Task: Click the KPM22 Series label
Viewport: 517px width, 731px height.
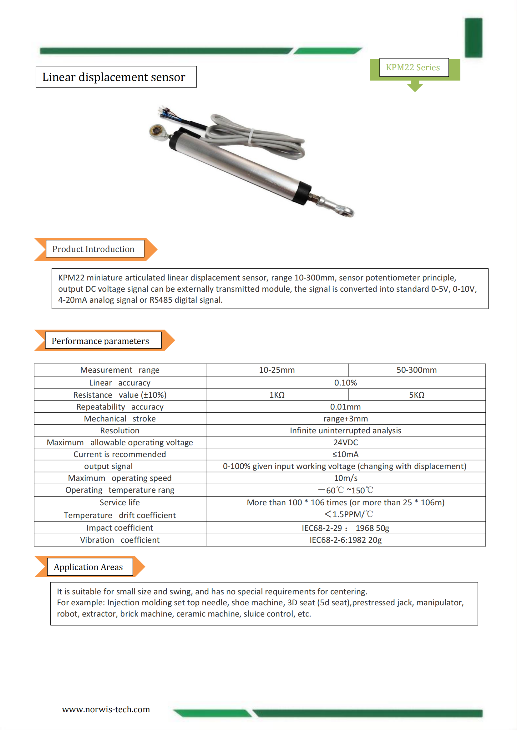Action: (413, 68)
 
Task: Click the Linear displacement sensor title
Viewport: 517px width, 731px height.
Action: (114, 77)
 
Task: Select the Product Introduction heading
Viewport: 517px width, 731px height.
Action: (93, 249)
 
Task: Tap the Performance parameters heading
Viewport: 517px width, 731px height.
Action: (100, 341)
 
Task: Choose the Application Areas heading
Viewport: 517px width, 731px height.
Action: (88, 567)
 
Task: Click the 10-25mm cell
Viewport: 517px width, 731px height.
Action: (277, 370)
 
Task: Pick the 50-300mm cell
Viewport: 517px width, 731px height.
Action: (416, 370)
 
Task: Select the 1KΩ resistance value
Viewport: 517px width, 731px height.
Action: (277, 395)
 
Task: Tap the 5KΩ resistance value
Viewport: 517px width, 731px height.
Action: (416, 395)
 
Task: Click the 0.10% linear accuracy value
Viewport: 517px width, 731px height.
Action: (345, 383)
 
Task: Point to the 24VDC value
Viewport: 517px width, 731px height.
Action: (345, 442)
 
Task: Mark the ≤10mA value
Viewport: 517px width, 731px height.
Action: (345, 454)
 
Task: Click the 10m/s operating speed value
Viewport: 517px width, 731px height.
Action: (345, 478)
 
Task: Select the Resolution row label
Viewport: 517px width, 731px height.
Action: (120, 431)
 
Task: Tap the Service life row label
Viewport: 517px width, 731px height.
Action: (120, 502)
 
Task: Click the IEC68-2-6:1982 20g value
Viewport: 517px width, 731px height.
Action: (345, 540)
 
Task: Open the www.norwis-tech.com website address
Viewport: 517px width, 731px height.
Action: (106, 709)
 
